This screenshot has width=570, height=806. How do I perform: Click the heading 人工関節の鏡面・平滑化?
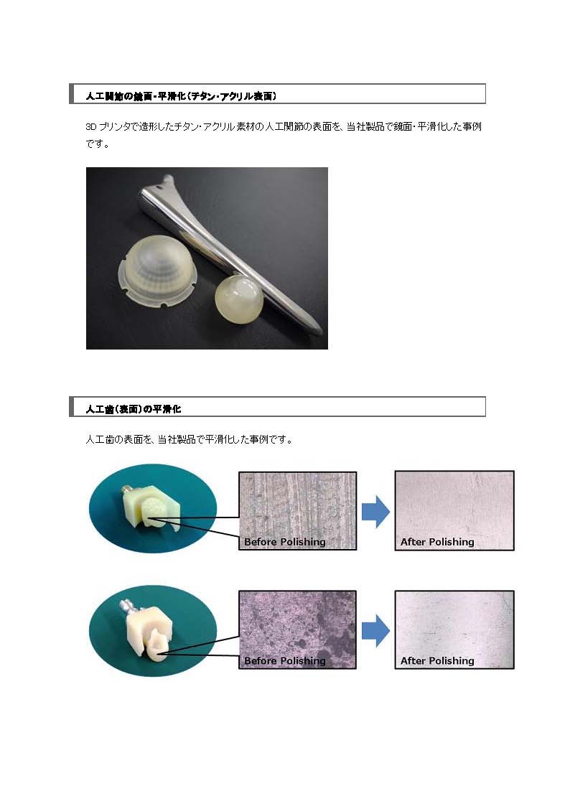[x=181, y=95]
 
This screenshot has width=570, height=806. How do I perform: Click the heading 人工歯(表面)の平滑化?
[x=133, y=408]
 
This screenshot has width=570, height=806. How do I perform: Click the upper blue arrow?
[x=375, y=512]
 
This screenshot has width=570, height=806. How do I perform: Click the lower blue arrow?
[x=375, y=631]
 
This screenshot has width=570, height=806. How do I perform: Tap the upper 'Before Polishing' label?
[x=285, y=542]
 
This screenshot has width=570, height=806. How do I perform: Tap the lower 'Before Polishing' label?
[x=285, y=660]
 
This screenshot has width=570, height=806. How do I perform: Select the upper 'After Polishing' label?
[x=437, y=542]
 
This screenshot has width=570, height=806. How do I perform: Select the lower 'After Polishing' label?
[x=437, y=660]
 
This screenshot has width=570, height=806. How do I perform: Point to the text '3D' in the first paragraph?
[x=91, y=126]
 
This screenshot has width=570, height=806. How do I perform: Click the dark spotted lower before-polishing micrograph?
[x=298, y=629]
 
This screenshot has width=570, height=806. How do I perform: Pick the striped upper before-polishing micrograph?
[x=298, y=511]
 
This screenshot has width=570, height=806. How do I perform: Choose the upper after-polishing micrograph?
[x=454, y=511]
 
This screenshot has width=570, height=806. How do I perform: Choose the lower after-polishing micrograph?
[x=454, y=629]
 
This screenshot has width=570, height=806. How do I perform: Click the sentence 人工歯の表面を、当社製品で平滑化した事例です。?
[x=189, y=439]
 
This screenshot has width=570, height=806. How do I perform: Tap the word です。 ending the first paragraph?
[x=98, y=144]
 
